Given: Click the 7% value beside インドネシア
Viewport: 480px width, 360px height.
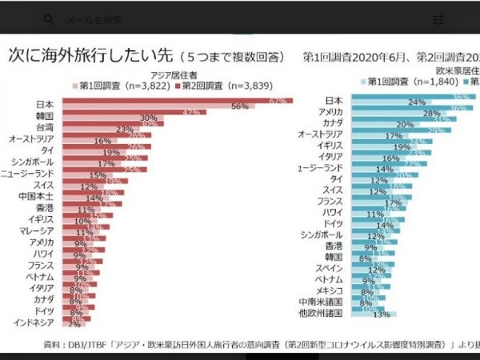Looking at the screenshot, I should tap(74, 324).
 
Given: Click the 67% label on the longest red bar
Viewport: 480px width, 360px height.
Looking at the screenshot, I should tap(278, 101).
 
